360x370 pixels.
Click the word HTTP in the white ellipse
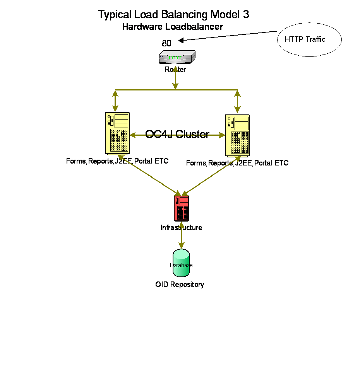(x=293, y=39)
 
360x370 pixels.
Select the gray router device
(x=177, y=57)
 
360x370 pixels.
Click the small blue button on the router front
(x=161, y=56)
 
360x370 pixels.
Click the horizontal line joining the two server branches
(x=147, y=90)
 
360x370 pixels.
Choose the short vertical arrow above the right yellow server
(x=237, y=101)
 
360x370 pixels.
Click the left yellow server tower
(x=117, y=133)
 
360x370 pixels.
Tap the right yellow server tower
(x=237, y=135)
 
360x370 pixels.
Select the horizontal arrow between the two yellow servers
(x=177, y=135)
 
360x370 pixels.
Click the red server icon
(x=181, y=208)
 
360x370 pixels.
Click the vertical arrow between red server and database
(x=181, y=235)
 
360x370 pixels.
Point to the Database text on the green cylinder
(x=181, y=266)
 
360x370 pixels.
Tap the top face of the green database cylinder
(x=181, y=254)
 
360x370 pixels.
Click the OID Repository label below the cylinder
(x=180, y=285)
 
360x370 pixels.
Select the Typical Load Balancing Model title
(x=177, y=15)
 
